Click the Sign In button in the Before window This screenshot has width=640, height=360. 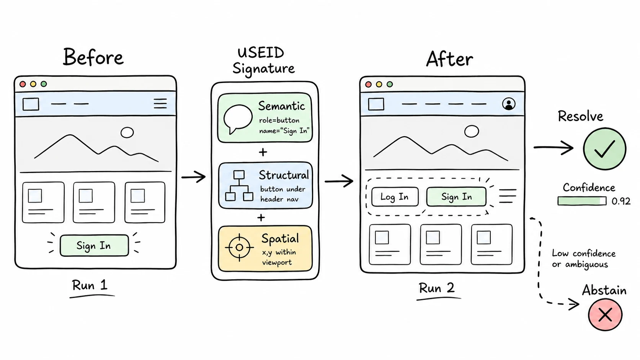[94, 246]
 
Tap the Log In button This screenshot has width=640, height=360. [395, 197]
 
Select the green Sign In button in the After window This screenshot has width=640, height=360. [456, 197]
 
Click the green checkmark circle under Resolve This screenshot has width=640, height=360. [604, 149]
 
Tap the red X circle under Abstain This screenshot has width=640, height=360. [605, 314]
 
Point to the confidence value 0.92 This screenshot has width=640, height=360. [621, 201]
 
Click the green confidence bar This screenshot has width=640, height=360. [582, 201]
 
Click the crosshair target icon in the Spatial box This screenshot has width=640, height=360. [240, 248]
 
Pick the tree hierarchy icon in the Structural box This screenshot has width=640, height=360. [239, 186]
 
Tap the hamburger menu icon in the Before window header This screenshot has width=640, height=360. [160, 103]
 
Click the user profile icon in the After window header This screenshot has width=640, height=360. [509, 104]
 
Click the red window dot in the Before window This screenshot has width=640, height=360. [23, 84]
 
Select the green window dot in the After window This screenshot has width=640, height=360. [390, 84]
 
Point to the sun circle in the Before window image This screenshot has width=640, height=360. [127, 132]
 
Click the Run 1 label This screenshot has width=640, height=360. [90, 285]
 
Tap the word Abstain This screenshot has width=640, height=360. [604, 290]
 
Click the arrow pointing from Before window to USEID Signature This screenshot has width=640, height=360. [193, 177]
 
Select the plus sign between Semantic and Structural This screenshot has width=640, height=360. [263, 152]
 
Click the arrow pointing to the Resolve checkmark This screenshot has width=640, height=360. [553, 148]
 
